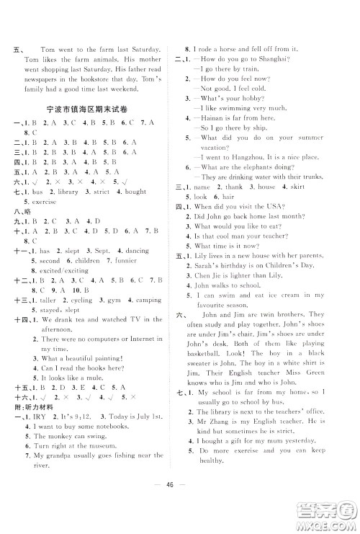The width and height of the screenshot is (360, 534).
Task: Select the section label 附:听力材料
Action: pyautogui.click(x=33, y=406)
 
